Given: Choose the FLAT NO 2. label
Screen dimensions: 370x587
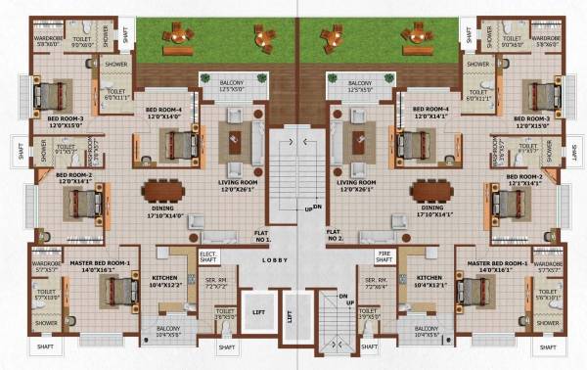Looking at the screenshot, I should pos(336,235).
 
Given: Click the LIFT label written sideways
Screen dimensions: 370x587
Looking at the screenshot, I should pos(291,317).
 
